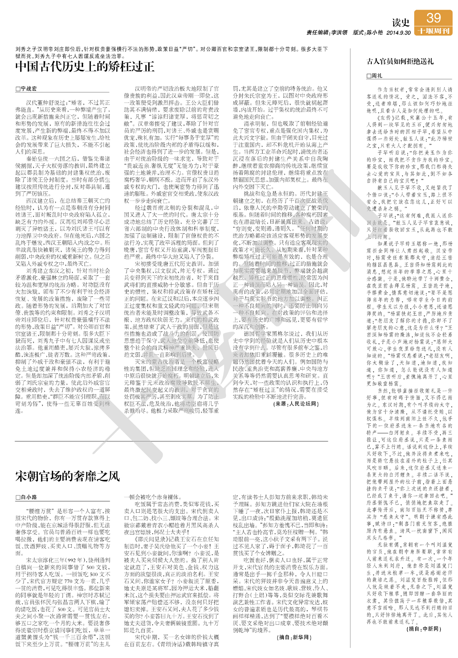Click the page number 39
click(x=434, y=18)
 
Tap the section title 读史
click(x=401, y=23)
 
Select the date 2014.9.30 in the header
click(x=398, y=33)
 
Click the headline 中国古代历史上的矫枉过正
click(x=85, y=67)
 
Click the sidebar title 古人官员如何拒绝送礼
click(x=400, y=61)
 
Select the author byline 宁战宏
click(x=29, y=89)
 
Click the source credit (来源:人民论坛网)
click(x=296, y=404)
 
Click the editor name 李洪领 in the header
click(x=339, y=33)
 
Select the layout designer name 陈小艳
click(x=374, y=33)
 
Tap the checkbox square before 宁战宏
click(x=18, y=89)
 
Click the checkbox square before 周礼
click(x=369, y=76)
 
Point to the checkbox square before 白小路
click(x=18, y=498)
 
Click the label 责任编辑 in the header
click(x=317, y=33)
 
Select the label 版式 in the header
click(x=358, y=33)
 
